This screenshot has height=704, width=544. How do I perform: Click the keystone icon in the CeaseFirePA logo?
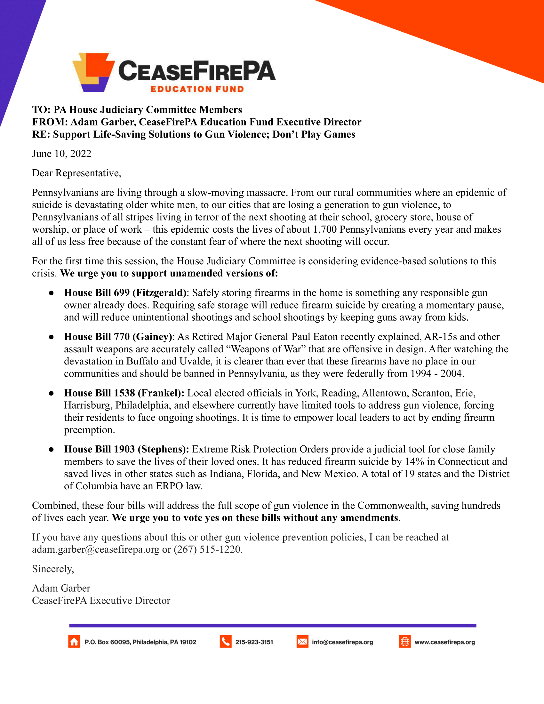pos(93,72)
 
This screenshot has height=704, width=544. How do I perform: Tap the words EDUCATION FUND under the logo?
pos(197,89)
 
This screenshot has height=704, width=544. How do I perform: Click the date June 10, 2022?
pos(61,154)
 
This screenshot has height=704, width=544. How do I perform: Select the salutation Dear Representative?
pos(76,173)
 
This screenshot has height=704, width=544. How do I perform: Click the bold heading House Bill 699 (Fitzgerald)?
pos(125,293)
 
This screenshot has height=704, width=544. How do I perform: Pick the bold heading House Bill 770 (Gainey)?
pos(118,337)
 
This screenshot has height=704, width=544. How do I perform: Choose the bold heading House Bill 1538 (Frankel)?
pos(124,393)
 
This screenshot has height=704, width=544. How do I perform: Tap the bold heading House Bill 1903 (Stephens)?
pos(127,449)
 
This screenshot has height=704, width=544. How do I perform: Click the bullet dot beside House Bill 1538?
pos(51,393)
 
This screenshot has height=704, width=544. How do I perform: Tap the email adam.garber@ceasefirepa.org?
pos(96,549)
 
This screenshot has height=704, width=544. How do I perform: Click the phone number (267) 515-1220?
pos(208,549)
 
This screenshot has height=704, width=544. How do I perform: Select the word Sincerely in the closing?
pos(52,569)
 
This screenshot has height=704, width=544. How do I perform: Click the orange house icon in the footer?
pos(74,642)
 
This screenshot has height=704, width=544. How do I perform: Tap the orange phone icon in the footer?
pos(226,642)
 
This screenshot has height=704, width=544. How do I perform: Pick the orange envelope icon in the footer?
pos(302,642)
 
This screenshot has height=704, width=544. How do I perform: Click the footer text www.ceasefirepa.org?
pos(444,642)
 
